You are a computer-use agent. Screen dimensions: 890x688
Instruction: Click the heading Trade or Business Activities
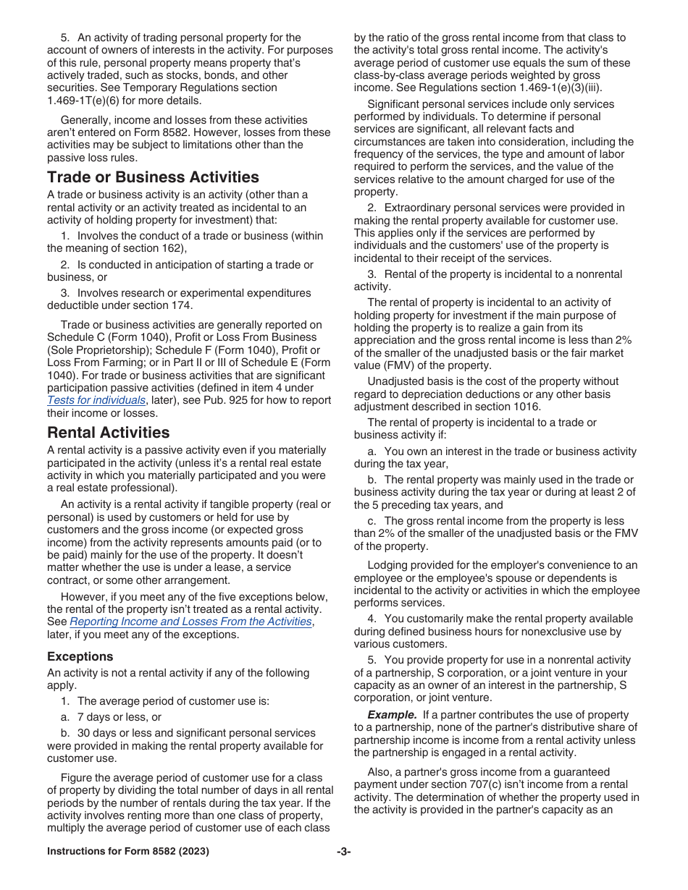tap(153, 177)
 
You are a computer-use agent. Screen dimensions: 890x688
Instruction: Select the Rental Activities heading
tap(109, 433)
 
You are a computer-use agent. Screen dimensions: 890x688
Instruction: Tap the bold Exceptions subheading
tap(80, 656)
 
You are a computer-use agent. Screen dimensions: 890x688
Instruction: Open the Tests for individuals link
tap(96, 400)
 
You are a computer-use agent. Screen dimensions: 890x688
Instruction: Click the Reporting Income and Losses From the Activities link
tap(190, 622)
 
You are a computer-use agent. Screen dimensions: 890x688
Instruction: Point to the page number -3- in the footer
tap(343, 852)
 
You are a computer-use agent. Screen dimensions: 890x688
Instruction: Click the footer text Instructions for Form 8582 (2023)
tap(128, 852)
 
